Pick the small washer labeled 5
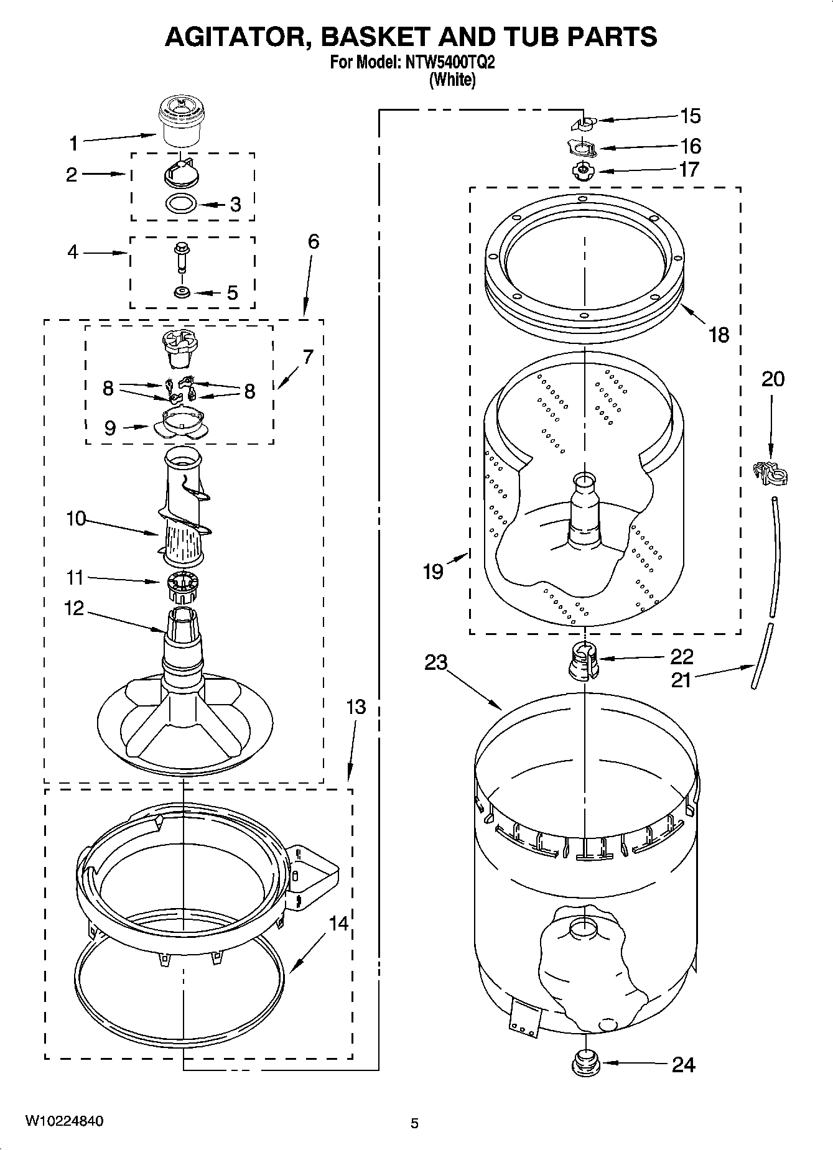coord(182,292)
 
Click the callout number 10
coord(76,518)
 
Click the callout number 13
coord(356,707)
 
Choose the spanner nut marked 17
coord(582,170)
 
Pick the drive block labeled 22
coord(584,662)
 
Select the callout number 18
coord(719,335)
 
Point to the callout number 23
coord(435,663)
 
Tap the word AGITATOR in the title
coord(235,37)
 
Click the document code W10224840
coord(64,1121)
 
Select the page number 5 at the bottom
coord(414,1123)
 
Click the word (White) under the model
coord(452,80)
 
